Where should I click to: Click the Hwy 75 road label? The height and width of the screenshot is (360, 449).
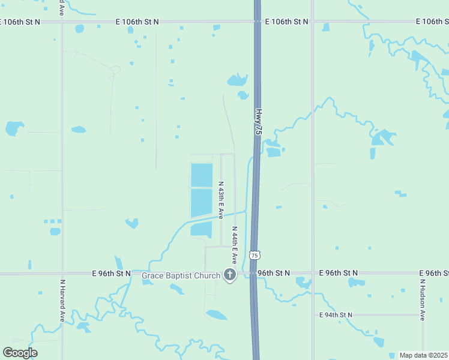[x=259, y=122]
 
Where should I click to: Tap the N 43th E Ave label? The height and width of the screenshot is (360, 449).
[x=221, y=200]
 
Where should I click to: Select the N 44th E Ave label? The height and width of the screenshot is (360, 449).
[x=234, y=246]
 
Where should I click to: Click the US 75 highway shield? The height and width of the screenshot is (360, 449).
[x=255, y=256]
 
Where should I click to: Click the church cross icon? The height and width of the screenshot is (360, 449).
[x=229, y=275]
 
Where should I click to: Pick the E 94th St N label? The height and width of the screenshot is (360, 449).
[x=336, y=315]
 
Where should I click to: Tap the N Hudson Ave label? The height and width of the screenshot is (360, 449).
[x=423, y=298]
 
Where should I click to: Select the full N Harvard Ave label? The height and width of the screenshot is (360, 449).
[x=62, y=300]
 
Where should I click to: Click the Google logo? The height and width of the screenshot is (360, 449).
[x=20, y=352]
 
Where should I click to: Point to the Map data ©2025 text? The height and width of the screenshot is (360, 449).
[x=423, y=355]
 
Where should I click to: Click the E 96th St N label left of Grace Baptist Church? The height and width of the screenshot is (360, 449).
[x=112, y=273]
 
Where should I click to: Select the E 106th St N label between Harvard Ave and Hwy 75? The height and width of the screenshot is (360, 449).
[x=137, y=22]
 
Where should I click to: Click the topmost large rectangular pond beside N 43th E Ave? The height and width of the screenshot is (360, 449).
[x=202, y=175]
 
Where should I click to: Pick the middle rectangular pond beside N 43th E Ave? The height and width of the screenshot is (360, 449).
[x=202, y=202]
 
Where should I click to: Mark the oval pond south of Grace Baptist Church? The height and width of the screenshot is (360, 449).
[x=216, y=314]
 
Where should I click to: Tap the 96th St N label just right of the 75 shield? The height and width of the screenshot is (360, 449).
[x=274, y=273]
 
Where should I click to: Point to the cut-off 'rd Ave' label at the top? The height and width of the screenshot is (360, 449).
[x=62, y=8]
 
